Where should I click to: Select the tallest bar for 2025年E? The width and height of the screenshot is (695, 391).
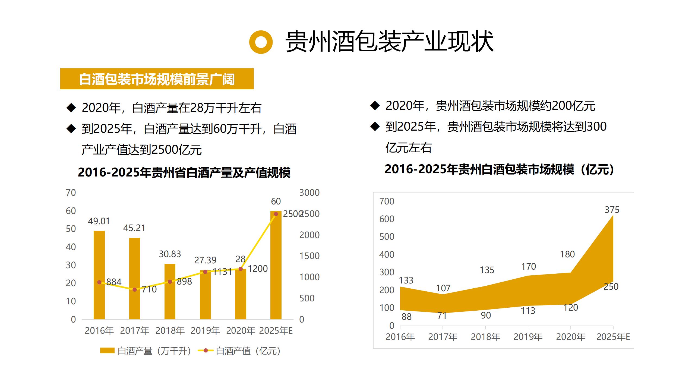point(276,266)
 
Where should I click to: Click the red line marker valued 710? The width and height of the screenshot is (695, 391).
point(135,290)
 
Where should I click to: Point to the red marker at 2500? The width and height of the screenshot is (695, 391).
point(276,214)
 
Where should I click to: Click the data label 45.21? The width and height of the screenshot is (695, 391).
point(134,228)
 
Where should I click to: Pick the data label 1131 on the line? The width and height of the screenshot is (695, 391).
point(222,272)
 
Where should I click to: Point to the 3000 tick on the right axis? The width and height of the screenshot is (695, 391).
point(309,193)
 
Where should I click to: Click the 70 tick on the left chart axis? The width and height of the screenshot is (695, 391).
point(71,193)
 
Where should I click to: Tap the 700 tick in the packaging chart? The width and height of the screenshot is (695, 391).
point(387,201)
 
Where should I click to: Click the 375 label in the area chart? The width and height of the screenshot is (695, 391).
point(612,210)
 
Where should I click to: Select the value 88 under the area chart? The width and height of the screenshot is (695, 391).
point(406,317)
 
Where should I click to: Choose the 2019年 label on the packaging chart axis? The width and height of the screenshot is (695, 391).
point(528,337)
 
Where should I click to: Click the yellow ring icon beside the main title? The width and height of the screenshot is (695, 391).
point(261,42)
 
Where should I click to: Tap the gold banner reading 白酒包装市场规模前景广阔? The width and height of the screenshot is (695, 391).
point(157,79)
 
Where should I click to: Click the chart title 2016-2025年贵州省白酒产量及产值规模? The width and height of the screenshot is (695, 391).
point(184,172)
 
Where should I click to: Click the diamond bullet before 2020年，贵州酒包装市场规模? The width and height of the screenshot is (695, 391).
point(375,106)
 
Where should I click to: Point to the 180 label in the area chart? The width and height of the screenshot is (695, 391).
point(567,254)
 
